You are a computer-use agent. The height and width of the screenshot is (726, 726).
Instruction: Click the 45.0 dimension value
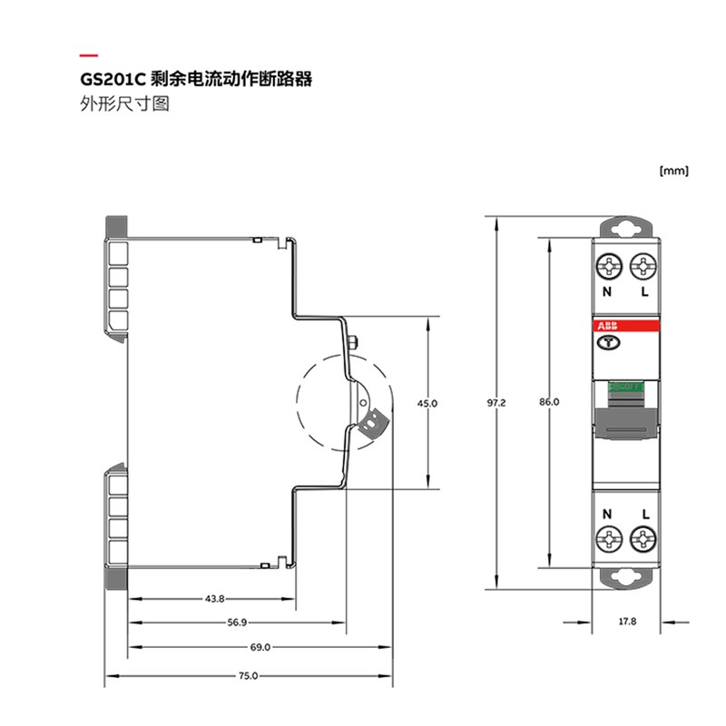427,402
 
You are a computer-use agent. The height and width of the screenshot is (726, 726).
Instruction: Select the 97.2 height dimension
496,400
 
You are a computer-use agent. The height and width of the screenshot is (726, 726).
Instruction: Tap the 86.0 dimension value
549,400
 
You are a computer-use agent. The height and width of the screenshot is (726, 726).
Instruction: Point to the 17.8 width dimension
627,623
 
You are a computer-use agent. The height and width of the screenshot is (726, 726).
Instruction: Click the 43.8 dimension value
214,599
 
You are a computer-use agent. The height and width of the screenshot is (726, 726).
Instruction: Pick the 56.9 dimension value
238,623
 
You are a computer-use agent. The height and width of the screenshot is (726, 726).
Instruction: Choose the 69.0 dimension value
260,647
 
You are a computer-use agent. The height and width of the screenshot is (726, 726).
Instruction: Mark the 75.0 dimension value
249,676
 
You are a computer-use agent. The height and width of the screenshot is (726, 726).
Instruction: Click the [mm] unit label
674,170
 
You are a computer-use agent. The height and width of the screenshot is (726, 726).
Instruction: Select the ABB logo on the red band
607,327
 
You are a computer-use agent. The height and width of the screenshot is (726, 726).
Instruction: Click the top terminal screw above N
608,267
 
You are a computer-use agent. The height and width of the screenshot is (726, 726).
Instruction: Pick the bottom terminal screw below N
608,540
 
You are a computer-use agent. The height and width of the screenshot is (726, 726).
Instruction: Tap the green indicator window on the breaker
625,387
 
